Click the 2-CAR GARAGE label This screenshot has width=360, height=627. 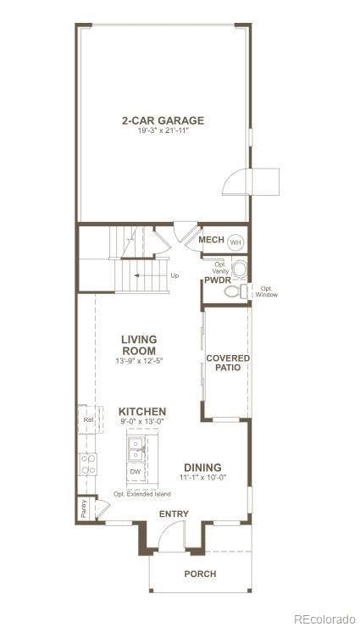(162, 120)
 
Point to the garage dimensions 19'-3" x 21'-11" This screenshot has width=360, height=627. (162, 131)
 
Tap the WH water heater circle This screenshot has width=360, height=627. (235, 241)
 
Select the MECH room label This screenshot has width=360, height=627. (211, 241)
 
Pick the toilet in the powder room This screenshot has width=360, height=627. (233, 291)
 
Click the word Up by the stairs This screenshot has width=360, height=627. (174, 275)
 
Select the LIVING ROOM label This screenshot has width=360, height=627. (139, 345)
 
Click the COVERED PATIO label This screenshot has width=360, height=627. (228, 363)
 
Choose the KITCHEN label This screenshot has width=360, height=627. (141, 412)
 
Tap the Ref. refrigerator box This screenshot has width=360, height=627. (87, 419)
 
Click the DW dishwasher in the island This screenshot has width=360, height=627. (136, 471)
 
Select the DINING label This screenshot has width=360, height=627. (202, 468)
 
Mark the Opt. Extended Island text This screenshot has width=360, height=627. (142, 494)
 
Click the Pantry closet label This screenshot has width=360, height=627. (84, 508)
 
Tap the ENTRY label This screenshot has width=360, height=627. (174, 514)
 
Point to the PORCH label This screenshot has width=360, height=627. (200, 574)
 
